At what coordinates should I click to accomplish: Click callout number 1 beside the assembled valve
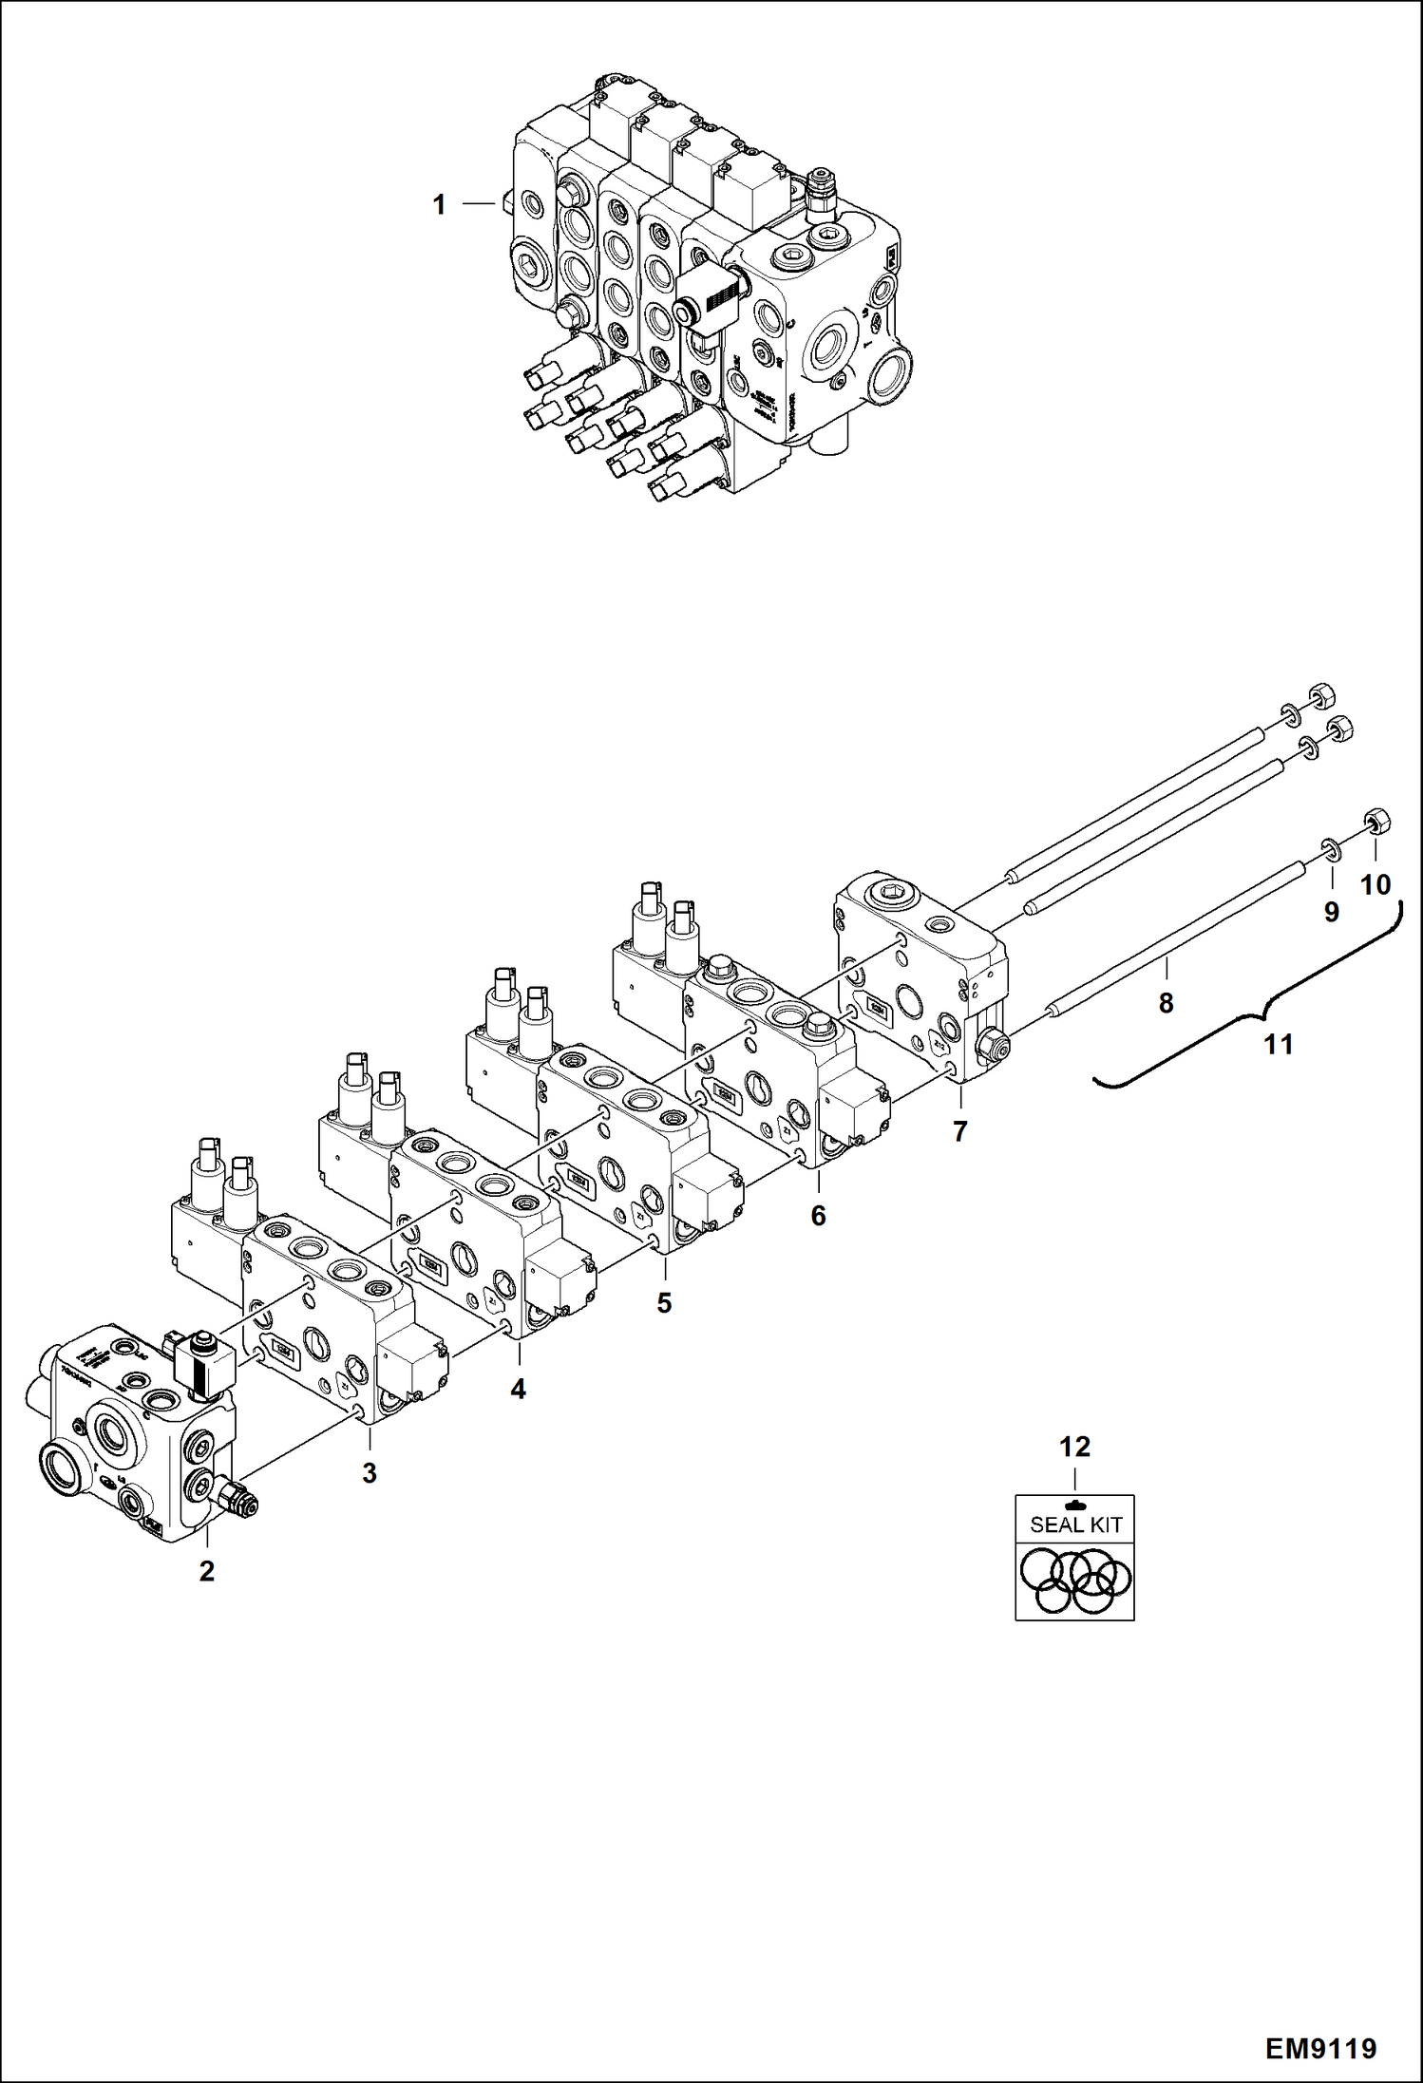point(439,204)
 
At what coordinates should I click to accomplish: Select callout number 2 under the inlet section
point(206,1570)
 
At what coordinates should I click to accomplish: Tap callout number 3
point(370,1472)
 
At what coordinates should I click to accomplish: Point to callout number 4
point(518,1389)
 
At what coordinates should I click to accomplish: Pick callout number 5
point(664,1302)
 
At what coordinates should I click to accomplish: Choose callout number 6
point(818,1216)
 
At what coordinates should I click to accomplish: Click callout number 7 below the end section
point(959,1131)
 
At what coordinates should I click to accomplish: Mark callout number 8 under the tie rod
point(1166,1003)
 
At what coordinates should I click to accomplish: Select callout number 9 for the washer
point(1331,912)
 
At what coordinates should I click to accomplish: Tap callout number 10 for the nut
point(1376,885)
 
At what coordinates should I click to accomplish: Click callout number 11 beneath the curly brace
point(1279,1045)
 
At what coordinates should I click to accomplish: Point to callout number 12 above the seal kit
point(1074,1447)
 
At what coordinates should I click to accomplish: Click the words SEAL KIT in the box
point(1075,1524)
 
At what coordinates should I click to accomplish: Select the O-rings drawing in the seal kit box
point(1075,1581)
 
